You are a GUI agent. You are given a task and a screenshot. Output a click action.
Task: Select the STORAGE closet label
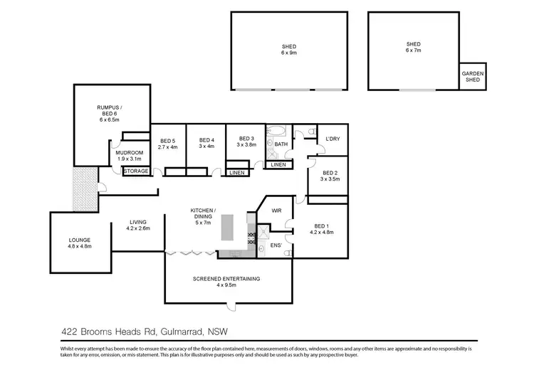click(136, 171)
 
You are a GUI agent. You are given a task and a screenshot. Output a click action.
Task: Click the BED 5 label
click(167, 143)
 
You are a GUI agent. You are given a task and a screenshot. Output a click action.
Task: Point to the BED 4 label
click(206, 143)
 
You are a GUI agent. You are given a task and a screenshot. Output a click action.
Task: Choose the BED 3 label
click(246, 142)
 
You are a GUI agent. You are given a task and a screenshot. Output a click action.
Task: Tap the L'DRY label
click(333, 139)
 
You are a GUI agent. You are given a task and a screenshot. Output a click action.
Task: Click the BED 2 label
click(330, 176)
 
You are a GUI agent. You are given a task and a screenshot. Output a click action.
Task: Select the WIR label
click(278, 211)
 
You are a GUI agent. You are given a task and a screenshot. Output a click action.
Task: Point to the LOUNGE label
click(79, 243)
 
